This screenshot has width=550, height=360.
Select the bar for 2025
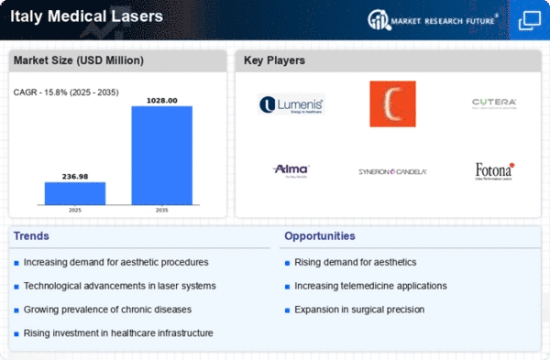coord(75,192)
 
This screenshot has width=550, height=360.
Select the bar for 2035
coord(162,155)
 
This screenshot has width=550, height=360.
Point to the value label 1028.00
coord(162,100)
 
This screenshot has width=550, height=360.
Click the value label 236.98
coord(75,176)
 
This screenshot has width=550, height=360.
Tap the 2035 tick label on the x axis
coord(162,210)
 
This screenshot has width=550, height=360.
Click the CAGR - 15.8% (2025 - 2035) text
coord(64,92)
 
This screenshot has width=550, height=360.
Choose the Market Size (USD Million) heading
coord(78,60)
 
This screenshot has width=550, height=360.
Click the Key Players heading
coord(275,60)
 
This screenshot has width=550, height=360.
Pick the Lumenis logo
coord(291,104)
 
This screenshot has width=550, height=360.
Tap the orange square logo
coord(392,104)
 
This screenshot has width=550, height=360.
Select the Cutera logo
coord(494,103)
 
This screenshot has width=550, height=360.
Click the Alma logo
coord(291,169)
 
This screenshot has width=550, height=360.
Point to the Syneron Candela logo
coord(392,171)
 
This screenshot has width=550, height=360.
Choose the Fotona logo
coord(494,170)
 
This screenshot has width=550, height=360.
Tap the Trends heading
coord(33,236)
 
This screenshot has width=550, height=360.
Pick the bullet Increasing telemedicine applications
coord(370,286)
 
